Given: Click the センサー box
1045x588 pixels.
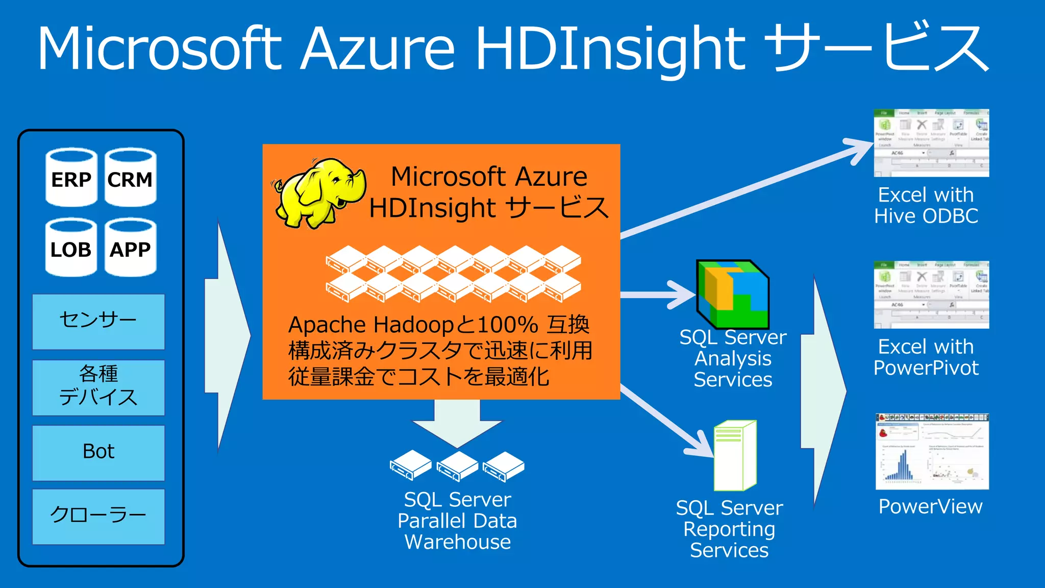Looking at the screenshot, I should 98,322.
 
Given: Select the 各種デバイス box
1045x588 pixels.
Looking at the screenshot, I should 98,387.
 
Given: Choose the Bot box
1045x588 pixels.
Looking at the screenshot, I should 98,453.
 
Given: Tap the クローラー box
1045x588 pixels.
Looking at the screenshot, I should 98,516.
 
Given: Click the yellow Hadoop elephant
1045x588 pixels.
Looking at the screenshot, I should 319,193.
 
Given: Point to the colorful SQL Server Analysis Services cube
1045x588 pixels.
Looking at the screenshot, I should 733,295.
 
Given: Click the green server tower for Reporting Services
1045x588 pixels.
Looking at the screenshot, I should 735,455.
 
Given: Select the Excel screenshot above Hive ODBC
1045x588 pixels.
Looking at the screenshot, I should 931,143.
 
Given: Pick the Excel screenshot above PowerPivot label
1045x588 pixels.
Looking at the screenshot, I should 931,295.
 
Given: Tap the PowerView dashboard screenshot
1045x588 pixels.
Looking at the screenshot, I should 932,452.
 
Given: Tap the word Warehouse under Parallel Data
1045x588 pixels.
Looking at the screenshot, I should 458,542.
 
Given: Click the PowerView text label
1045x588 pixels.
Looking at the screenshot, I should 930,506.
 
